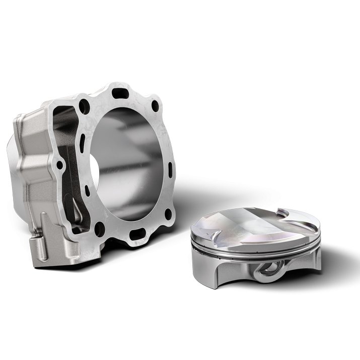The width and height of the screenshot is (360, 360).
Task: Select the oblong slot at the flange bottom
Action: [137, 234]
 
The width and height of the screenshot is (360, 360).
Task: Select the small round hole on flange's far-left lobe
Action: [60, 165]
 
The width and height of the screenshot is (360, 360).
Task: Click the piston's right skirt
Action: [307, 264]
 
